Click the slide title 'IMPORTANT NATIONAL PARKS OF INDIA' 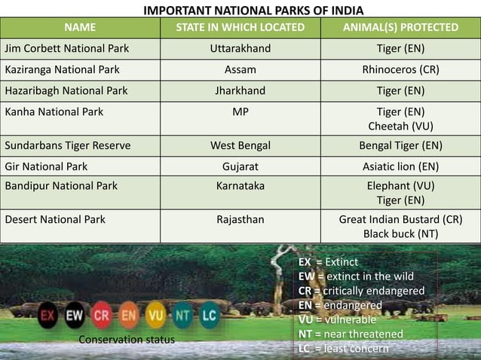tap(253, 11)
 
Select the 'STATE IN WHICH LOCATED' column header tap(240, 28)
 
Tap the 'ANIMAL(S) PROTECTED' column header tap(400, 28)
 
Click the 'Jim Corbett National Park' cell tap(67, 49)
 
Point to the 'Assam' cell tap(240, 70)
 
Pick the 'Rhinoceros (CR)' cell tap(400, 70)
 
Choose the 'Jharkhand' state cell tap(240, 91)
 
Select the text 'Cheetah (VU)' tap(400, 126)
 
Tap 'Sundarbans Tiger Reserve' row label tap(68, 145)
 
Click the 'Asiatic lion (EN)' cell tap(400, 166)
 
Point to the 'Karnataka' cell tap(240, 185)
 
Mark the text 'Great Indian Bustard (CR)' tap(400, 220)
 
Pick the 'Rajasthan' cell tap(240, 220)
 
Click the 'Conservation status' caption tap(127, 340)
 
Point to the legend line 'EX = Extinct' tap(328, 262)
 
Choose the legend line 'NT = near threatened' tap(351, 334)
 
